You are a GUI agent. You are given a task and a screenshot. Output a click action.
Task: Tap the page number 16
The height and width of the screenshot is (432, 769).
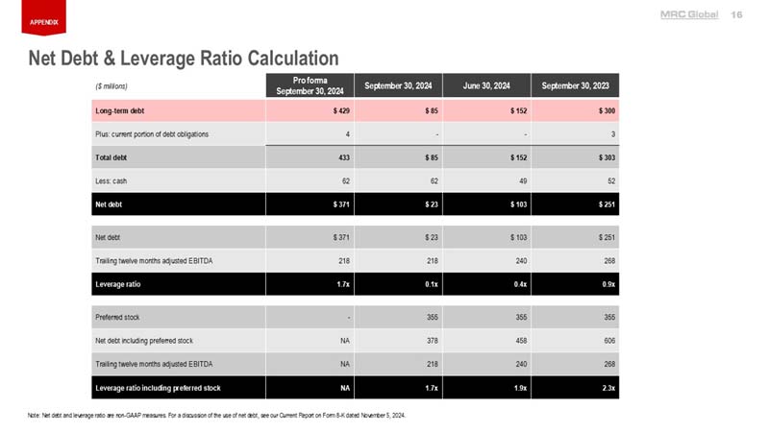coord(737,13)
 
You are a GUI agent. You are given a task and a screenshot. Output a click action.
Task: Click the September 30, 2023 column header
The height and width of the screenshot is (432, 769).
coord(575,85)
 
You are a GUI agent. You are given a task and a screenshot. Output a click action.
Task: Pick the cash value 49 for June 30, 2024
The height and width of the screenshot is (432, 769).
coord(521,180)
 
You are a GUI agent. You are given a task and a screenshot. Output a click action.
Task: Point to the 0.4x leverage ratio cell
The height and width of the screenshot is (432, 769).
coord(518,284)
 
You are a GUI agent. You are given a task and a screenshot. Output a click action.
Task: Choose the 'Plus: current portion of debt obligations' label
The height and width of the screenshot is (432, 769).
coord(151,132)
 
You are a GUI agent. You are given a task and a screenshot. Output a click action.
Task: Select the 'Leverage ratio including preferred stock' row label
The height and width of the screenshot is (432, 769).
coord(158,388)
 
